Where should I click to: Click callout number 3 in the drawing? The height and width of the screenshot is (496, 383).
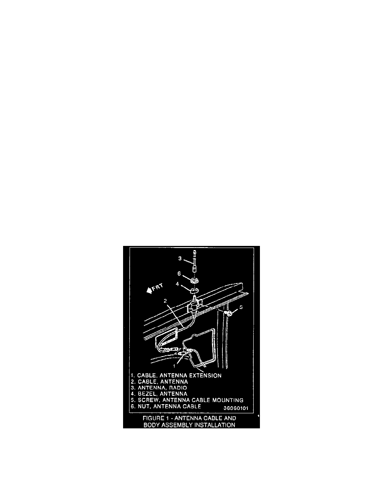[x=180, y=258]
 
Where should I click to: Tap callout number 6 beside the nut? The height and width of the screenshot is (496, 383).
[x=179, y=273]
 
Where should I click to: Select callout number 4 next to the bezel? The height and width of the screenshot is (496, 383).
[x=177, y=284]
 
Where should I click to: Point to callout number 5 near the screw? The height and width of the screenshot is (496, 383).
[x=241, y=307]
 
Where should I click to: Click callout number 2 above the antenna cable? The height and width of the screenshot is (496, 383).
[x=165, y=301]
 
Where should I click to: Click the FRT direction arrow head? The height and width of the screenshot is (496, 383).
[x=149, y=291]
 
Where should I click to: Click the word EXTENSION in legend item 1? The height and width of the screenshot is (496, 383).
[x=205, y=375]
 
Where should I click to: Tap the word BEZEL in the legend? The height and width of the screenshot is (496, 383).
[x=147, y=394]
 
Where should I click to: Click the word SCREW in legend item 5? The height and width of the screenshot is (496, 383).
[x=148, y=400]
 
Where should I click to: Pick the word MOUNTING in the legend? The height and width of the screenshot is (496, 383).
[x=227, y=400]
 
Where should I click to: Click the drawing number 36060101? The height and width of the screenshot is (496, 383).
[x=236, y=408]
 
